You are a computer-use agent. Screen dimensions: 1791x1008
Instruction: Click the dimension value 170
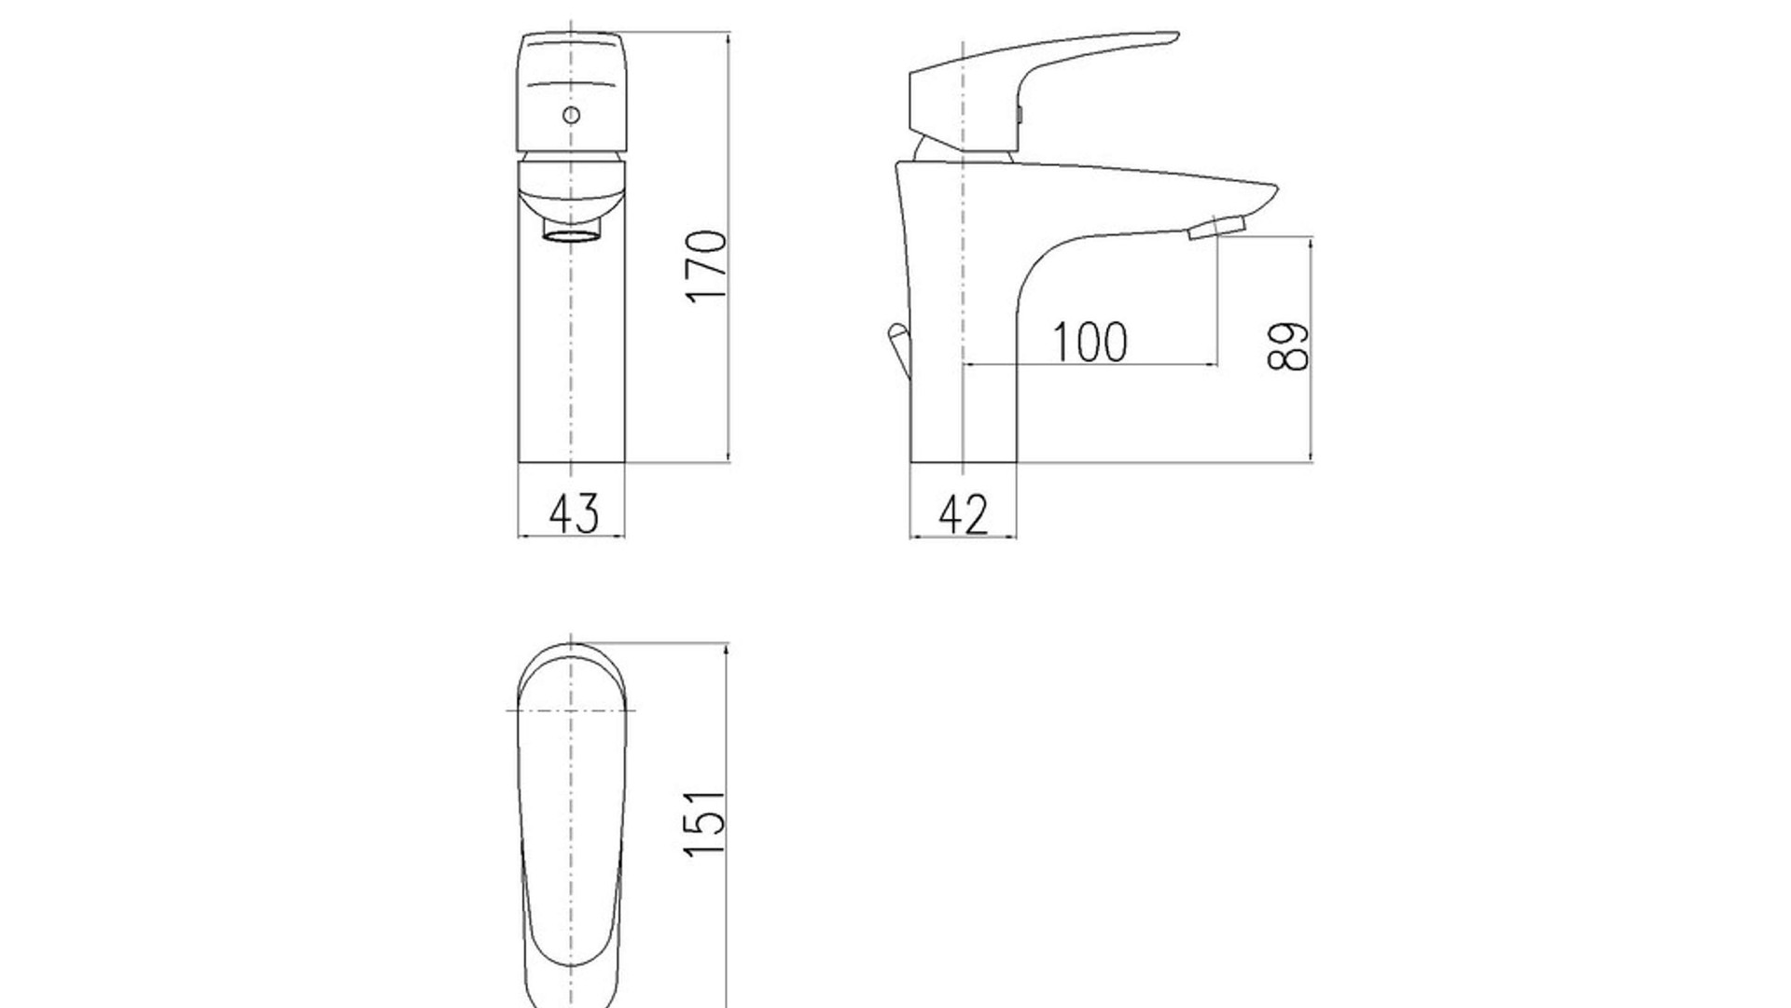tap(706, 265)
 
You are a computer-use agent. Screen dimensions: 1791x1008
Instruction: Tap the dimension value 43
tap(574, 513)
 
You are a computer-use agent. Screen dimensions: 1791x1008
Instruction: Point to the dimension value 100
tap(1090, 342)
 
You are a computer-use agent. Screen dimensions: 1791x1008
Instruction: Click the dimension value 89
tap(1289, 347)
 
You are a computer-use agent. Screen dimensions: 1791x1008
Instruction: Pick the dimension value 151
tap(704, 823)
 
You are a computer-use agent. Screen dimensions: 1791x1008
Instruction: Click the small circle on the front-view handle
tap(571, 116)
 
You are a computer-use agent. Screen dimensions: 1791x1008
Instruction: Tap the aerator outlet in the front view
tap(571, 233)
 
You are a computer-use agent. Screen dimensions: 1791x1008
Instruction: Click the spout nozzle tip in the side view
tap(1217, 227)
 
